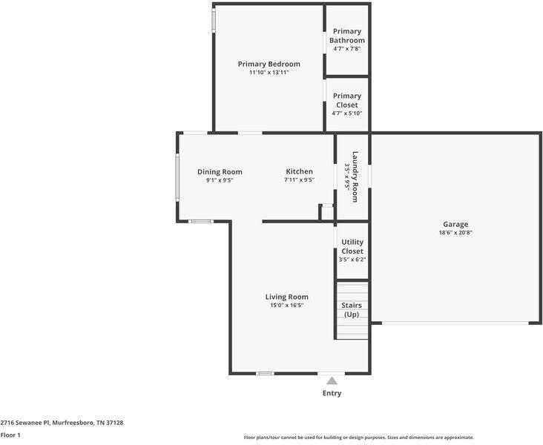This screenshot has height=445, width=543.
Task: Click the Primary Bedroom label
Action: tap(269, 64)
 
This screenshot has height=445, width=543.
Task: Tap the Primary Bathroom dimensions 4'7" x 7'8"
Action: tap(347, 49)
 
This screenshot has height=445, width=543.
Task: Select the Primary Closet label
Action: tap(347, 100)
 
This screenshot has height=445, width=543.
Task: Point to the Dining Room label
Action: tap(220, 171)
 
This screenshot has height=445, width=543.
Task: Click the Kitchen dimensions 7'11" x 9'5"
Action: tap(299, 180)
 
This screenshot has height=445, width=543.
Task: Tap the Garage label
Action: tap(455, 224)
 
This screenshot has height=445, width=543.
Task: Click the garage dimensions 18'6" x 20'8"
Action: tap(455, 233)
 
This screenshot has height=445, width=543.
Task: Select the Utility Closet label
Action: tap(352, 246)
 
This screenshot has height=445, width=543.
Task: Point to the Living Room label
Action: tap(286, 297)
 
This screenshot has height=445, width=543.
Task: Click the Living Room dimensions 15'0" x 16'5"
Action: tap(286, 306)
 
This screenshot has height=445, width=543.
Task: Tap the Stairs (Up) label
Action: tap(352, 309)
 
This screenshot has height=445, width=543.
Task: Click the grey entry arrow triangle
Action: tap(332, 380)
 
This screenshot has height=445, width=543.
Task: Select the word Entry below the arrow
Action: tap(332, 393)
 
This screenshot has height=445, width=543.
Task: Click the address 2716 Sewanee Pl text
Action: tap(62, 423)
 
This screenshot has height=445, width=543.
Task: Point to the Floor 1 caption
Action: tap(10, 435)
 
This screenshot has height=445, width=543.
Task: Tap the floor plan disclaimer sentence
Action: tap(358, 438)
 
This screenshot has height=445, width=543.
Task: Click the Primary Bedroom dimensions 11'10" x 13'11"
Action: tap(269, 73)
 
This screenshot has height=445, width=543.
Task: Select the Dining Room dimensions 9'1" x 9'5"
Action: tap(220, 180)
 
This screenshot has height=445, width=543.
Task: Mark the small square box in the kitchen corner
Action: tap(326, 211)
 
